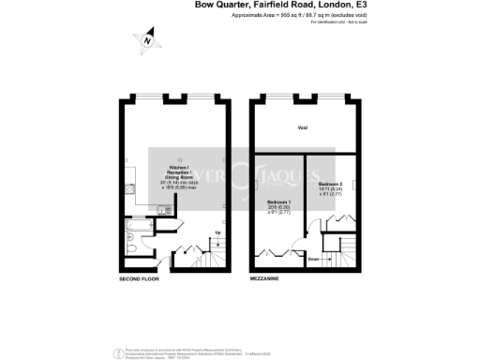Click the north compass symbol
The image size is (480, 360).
(x=146, y=40)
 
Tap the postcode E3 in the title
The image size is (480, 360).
(x=360, y=6)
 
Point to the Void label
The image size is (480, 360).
(x=303, y=128)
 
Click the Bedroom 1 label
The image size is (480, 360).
(x=278, y=202)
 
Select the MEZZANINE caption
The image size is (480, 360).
(x=266, y=279)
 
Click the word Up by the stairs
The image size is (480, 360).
(x=217, y=232)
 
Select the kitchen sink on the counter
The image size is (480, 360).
(x=165, y=211)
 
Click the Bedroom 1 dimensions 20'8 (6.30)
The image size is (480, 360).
(x=278, y=208)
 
